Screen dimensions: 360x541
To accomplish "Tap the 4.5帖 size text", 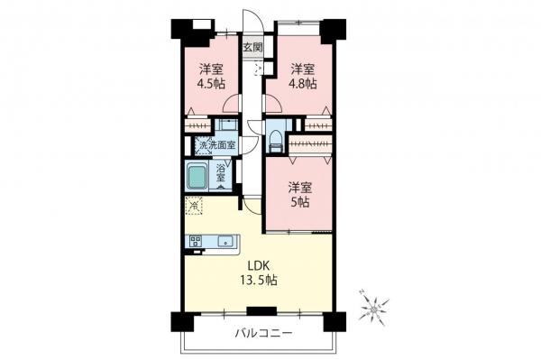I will point(212,84).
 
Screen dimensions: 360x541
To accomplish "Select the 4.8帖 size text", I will point(303,84).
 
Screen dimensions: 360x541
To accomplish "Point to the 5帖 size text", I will point(300,203).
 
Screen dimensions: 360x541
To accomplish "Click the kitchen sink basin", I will point(225,241).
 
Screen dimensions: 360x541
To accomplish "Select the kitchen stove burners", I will point(195,241).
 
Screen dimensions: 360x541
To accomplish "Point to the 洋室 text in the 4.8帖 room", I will point(303,69).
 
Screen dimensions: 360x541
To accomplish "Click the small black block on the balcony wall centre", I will point(255,311).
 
